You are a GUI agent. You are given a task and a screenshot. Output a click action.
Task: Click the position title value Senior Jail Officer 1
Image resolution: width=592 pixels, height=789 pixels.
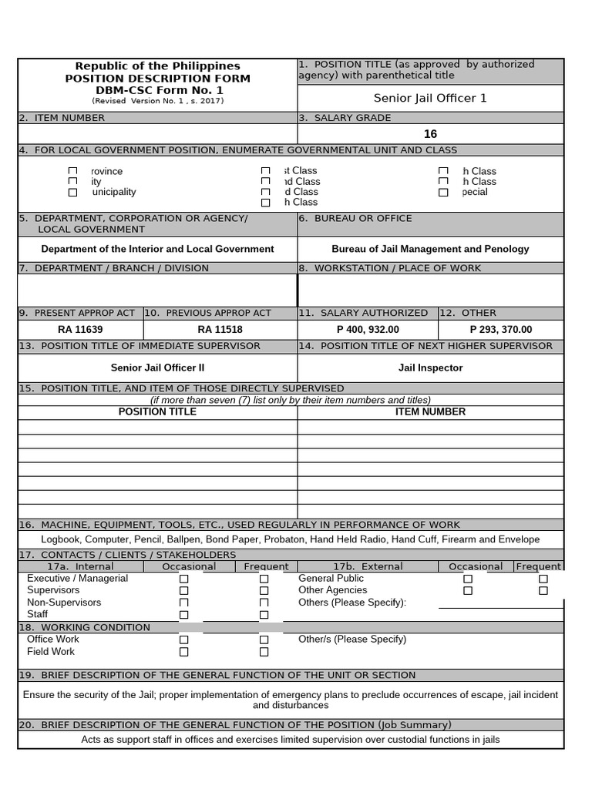point(430,98)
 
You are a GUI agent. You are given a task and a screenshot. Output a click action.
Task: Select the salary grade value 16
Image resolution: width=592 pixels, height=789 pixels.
point(430,134)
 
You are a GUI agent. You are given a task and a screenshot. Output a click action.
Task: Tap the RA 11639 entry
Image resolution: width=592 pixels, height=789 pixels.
point(80,330)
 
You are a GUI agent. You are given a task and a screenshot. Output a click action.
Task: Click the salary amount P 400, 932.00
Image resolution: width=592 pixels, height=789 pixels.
point(368,330)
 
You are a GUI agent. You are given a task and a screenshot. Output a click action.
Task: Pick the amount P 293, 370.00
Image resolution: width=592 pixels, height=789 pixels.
point(500,330)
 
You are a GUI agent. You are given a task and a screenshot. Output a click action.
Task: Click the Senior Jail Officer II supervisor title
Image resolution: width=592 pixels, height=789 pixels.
point(157,368)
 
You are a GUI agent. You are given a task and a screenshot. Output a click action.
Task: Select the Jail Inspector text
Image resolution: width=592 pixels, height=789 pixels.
point(430,368)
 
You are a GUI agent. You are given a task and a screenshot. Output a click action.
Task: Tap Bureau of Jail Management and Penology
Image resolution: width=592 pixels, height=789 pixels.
point(430,249)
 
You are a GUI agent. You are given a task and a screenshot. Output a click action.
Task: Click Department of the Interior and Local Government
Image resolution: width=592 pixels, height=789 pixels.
point(157,249)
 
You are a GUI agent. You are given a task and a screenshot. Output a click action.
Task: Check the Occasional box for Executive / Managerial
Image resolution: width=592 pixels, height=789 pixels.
point(183,579)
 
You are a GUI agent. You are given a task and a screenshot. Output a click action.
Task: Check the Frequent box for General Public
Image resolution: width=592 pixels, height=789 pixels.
point(543,579)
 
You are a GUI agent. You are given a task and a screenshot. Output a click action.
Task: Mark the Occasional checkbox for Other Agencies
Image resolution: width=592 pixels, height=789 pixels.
point(468,591)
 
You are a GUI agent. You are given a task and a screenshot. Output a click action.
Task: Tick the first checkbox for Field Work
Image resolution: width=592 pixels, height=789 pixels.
point(183,652)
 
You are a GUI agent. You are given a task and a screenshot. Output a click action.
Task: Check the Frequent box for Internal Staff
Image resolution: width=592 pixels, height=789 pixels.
point(264,615)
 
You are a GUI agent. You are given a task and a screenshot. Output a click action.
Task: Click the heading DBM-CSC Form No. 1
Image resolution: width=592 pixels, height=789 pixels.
point(157,89)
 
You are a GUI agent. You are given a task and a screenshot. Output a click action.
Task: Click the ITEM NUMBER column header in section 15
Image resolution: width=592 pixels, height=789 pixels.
point(430,412)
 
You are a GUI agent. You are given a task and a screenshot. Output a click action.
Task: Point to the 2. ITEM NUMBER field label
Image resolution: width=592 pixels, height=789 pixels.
point(62,118)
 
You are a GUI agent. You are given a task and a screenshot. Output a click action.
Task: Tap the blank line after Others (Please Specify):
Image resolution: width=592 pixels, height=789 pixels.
point(499,603)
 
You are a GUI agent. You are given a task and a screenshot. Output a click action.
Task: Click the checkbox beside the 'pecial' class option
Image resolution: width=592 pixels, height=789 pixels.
point(442,193)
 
